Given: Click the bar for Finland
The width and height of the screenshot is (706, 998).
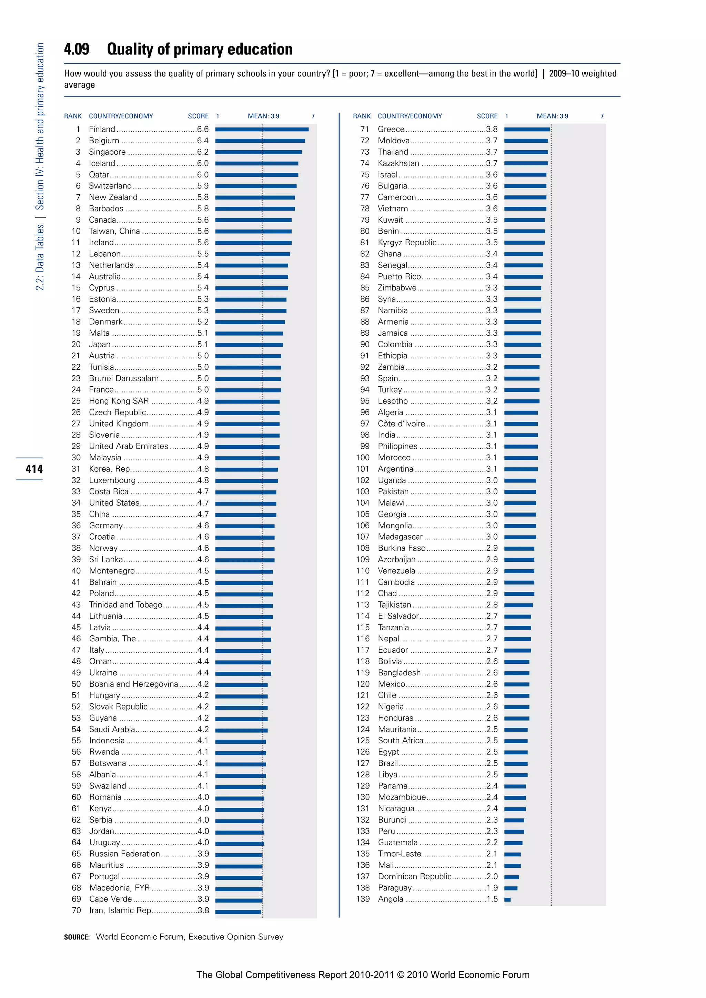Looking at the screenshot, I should pyautogui.click(x=262, y=129).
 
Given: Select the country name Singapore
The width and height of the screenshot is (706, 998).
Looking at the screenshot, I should pyautogui.click(x=107, y=152).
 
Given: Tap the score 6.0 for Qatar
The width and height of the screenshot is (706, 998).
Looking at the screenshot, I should pyautogui.click(x=203, y=174).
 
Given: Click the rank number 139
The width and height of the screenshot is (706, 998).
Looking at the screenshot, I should pyautogui.click(x=363, y=899).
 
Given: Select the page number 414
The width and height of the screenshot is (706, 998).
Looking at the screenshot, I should pyautogui.click(x=34, y=469).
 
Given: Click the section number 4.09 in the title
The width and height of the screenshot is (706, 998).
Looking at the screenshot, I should pyautogui.click(x=77, y=49).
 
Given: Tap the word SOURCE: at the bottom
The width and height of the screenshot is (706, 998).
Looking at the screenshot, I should pyautogui.click(x=77, y=937).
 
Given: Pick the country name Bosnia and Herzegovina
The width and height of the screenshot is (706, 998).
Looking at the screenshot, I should pyautogui.click(x=133, y=684).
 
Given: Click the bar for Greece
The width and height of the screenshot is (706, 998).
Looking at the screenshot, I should pyautogui.click(x=527, y=129).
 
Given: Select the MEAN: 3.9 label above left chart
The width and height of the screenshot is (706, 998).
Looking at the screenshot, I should pyautogui.click(x=263, y=116).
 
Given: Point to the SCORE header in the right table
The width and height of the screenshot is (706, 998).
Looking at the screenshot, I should pyautogui.click(x=487, y=116).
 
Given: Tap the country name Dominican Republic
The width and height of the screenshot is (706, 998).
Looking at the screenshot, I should pyautogui.click(x=414, y=876).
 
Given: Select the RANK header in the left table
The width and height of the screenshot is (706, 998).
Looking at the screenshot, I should pyautogui.click(x=73, y=116).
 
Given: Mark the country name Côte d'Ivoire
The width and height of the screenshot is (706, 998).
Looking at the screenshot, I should pyautogui.click(x=401, y=424).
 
